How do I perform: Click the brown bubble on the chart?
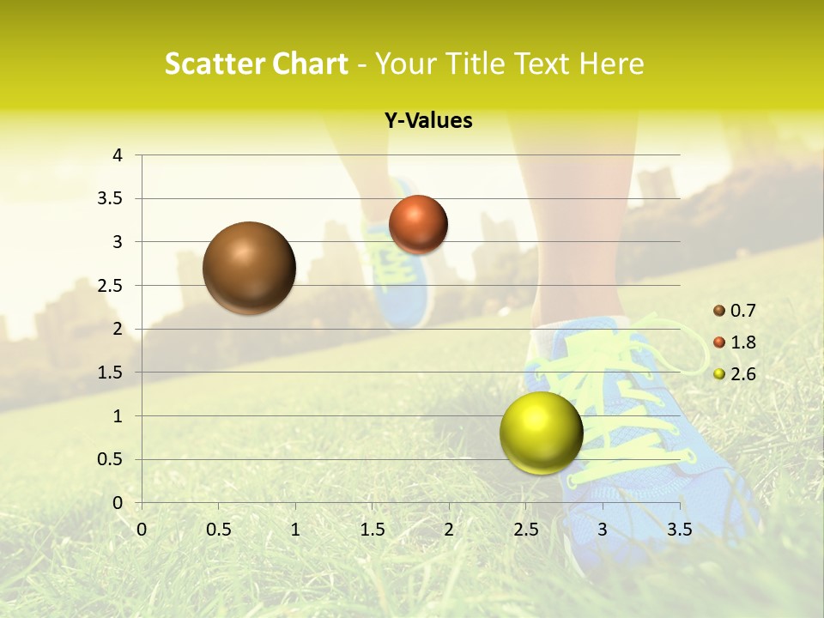click(249, 268)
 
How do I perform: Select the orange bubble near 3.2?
click(418, 225)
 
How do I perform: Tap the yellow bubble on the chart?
click(541, 433)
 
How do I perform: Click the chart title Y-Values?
click(428, 121)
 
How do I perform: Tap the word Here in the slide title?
click(611, 64)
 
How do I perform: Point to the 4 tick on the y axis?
click(118, 155)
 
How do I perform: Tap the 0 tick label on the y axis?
click(118, 503)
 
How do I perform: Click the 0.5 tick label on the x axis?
click(218, 530)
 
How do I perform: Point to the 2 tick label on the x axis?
click(449, 530)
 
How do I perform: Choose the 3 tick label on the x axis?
click(603, 530)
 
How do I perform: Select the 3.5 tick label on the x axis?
click(679, 530)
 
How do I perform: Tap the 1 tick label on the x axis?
click(295, 530)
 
